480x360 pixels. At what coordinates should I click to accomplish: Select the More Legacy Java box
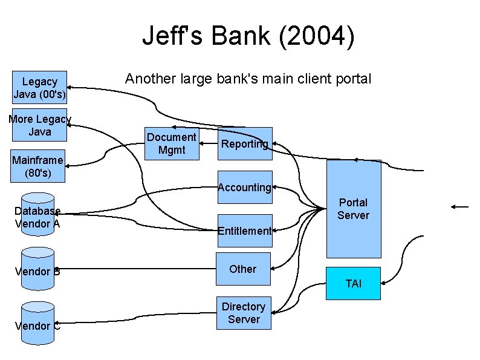39,126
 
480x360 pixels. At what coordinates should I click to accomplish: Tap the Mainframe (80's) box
37,166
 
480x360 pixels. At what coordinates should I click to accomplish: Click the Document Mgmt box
171,144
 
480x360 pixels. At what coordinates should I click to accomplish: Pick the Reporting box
244,143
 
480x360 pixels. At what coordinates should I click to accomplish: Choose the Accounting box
245,187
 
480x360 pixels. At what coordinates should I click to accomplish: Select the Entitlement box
245,231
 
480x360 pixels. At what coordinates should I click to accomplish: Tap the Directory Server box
244,313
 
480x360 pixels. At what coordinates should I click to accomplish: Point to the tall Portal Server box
354,209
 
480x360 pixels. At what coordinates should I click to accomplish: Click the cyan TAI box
354,283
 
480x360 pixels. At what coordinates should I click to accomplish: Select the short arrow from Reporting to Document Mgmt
209,144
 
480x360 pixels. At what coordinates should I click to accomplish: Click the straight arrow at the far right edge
459,208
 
